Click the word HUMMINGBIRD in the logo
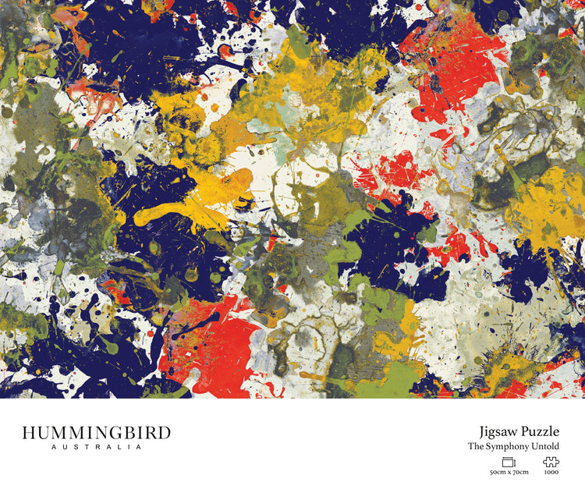coord(96,434)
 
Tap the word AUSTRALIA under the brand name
coord(96,448)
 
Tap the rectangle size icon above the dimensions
coord(509,462)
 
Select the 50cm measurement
coord(497,473)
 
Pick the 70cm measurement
coord(520,473)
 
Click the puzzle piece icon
coord(551,462)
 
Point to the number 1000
coord(551,473)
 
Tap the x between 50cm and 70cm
coord(509,473)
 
